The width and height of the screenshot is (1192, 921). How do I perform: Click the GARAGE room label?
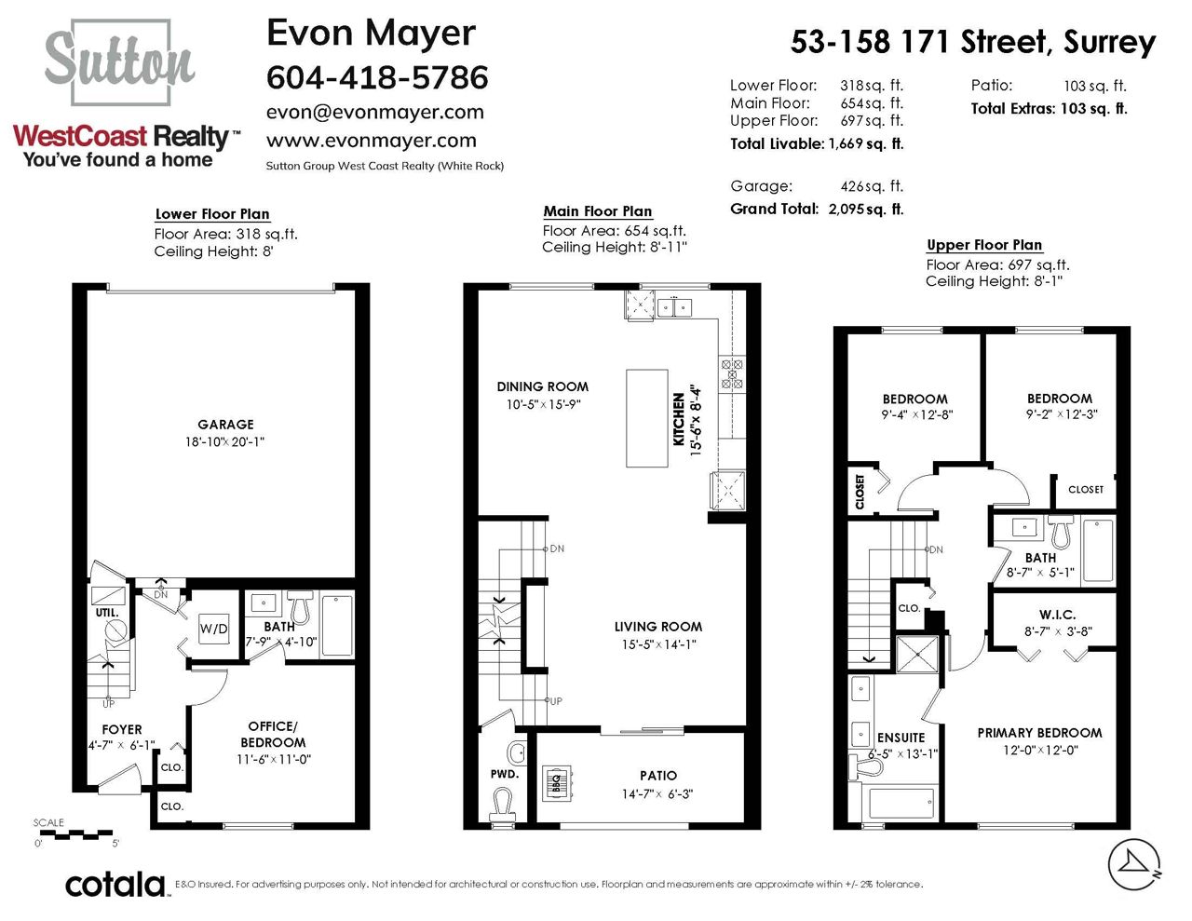tap(225, 424)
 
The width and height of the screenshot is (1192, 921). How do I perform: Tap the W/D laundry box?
tap(213, 629)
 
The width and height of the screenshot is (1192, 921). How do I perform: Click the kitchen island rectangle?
tap(646, 418)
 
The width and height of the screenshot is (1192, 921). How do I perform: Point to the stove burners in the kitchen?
tap(732, 373)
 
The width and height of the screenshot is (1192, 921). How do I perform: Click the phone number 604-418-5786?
tap(377, 76)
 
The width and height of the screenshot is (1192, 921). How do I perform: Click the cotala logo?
tap(115, 885)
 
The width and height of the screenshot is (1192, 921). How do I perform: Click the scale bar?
tap(76, 835)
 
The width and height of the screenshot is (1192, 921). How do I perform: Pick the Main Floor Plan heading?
tap(598, 211)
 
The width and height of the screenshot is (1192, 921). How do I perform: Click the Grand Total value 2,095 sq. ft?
tap(866, 209)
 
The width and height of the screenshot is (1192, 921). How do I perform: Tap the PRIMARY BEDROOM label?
tap(1039, 733)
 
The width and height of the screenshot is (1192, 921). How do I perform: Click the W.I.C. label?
tap(1057, 615)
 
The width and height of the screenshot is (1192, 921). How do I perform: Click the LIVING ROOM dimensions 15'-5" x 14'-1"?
tap(658, 644)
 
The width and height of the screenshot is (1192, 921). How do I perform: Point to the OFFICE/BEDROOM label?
tap(273, 734)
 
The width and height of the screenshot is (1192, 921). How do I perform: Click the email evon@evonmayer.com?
tap(375, 112)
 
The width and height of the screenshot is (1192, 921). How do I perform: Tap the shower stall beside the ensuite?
tap(916, 654)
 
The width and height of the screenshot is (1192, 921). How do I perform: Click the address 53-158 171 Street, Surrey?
tap(973, 42)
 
